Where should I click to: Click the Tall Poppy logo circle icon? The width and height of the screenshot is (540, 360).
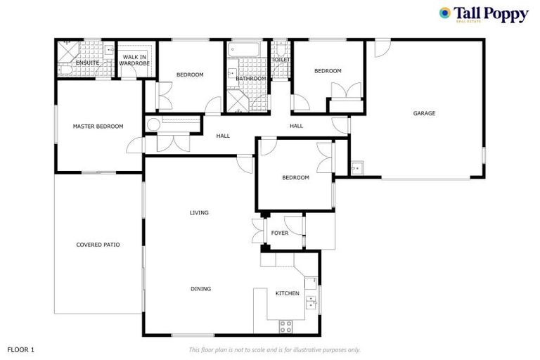pos(444,13)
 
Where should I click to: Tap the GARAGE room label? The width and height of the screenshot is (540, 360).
pos(424,113)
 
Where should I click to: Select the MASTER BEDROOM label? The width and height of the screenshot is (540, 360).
pos(98,127)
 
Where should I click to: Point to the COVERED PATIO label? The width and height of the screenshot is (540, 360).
pos(98,245)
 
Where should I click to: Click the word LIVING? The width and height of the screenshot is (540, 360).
pos(199,212)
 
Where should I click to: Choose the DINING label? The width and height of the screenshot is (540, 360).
pos(200,289)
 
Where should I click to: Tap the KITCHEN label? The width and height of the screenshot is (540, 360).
pos(287,293)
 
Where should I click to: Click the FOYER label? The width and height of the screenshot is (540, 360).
pos(280,233)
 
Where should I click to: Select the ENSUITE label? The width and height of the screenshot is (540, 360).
pos(87,63)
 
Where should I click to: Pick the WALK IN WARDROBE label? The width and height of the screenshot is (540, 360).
pos(134,60)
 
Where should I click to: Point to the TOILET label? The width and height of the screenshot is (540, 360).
pos(281,60)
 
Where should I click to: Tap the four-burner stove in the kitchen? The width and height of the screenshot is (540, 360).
pos(286,326)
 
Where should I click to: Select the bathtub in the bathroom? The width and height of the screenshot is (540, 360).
pos(244,50)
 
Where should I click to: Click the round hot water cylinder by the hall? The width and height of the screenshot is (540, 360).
pos(153,125)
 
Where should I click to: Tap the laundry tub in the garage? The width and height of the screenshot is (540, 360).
pos(357,167)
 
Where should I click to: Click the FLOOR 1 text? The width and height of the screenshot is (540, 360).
pos(21,349)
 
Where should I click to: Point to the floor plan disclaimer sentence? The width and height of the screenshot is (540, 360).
pos(274,349)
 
